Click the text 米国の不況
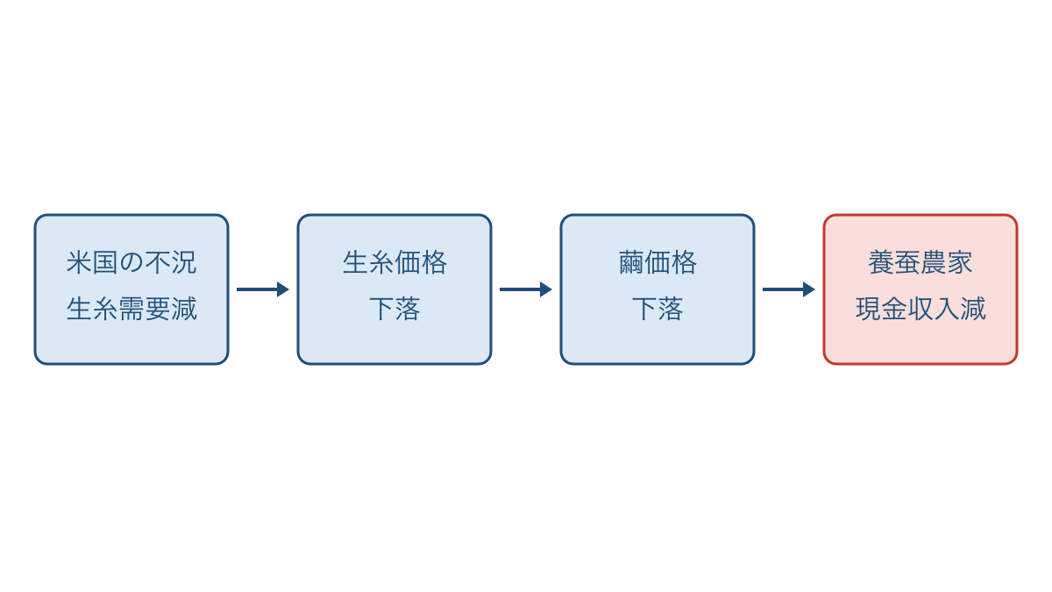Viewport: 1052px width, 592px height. click(131, 262)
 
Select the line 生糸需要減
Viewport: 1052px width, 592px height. click(131, 309)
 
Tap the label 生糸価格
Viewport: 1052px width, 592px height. click(394, 262)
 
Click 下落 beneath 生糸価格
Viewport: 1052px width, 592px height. click(394, 309)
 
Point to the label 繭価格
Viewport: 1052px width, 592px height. click(657, 262)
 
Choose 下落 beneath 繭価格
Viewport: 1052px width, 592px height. click(657, 309)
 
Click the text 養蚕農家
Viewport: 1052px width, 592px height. click(920, 262)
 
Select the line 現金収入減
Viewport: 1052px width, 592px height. click(920, 309)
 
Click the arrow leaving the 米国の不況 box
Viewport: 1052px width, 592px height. click(262, 289)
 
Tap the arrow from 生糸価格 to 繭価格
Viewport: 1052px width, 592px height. click(525, 289)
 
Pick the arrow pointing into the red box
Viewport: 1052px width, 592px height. click(788, 289)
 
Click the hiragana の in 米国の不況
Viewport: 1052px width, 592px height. click(131, 262)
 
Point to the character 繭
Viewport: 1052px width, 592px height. click(632, 262)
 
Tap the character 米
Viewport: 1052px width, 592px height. click(79, 262)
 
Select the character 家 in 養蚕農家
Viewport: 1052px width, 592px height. click(960, 262)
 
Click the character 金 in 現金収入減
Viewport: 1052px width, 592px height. click(894, 309)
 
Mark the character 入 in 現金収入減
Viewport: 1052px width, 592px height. click(947, 309)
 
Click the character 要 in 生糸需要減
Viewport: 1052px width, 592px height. click(158, 309)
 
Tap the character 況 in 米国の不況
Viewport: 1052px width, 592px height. click(184, 262)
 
